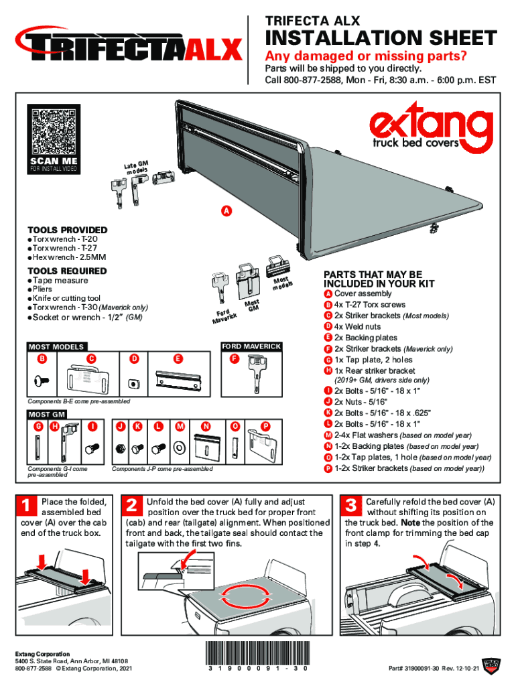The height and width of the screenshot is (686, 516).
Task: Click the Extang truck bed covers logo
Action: [x=428, y=131]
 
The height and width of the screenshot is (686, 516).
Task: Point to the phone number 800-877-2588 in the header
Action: [x=314, y=80]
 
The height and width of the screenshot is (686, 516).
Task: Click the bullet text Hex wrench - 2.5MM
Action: [x=69, y=257]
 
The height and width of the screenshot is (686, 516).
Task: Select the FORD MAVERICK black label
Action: [x=251, y=346]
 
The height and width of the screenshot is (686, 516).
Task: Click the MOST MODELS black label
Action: [x=56, y=347]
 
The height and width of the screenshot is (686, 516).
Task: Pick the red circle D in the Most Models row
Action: [x=134, y=359]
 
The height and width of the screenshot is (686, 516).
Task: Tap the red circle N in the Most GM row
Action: [x=205, y=426]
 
